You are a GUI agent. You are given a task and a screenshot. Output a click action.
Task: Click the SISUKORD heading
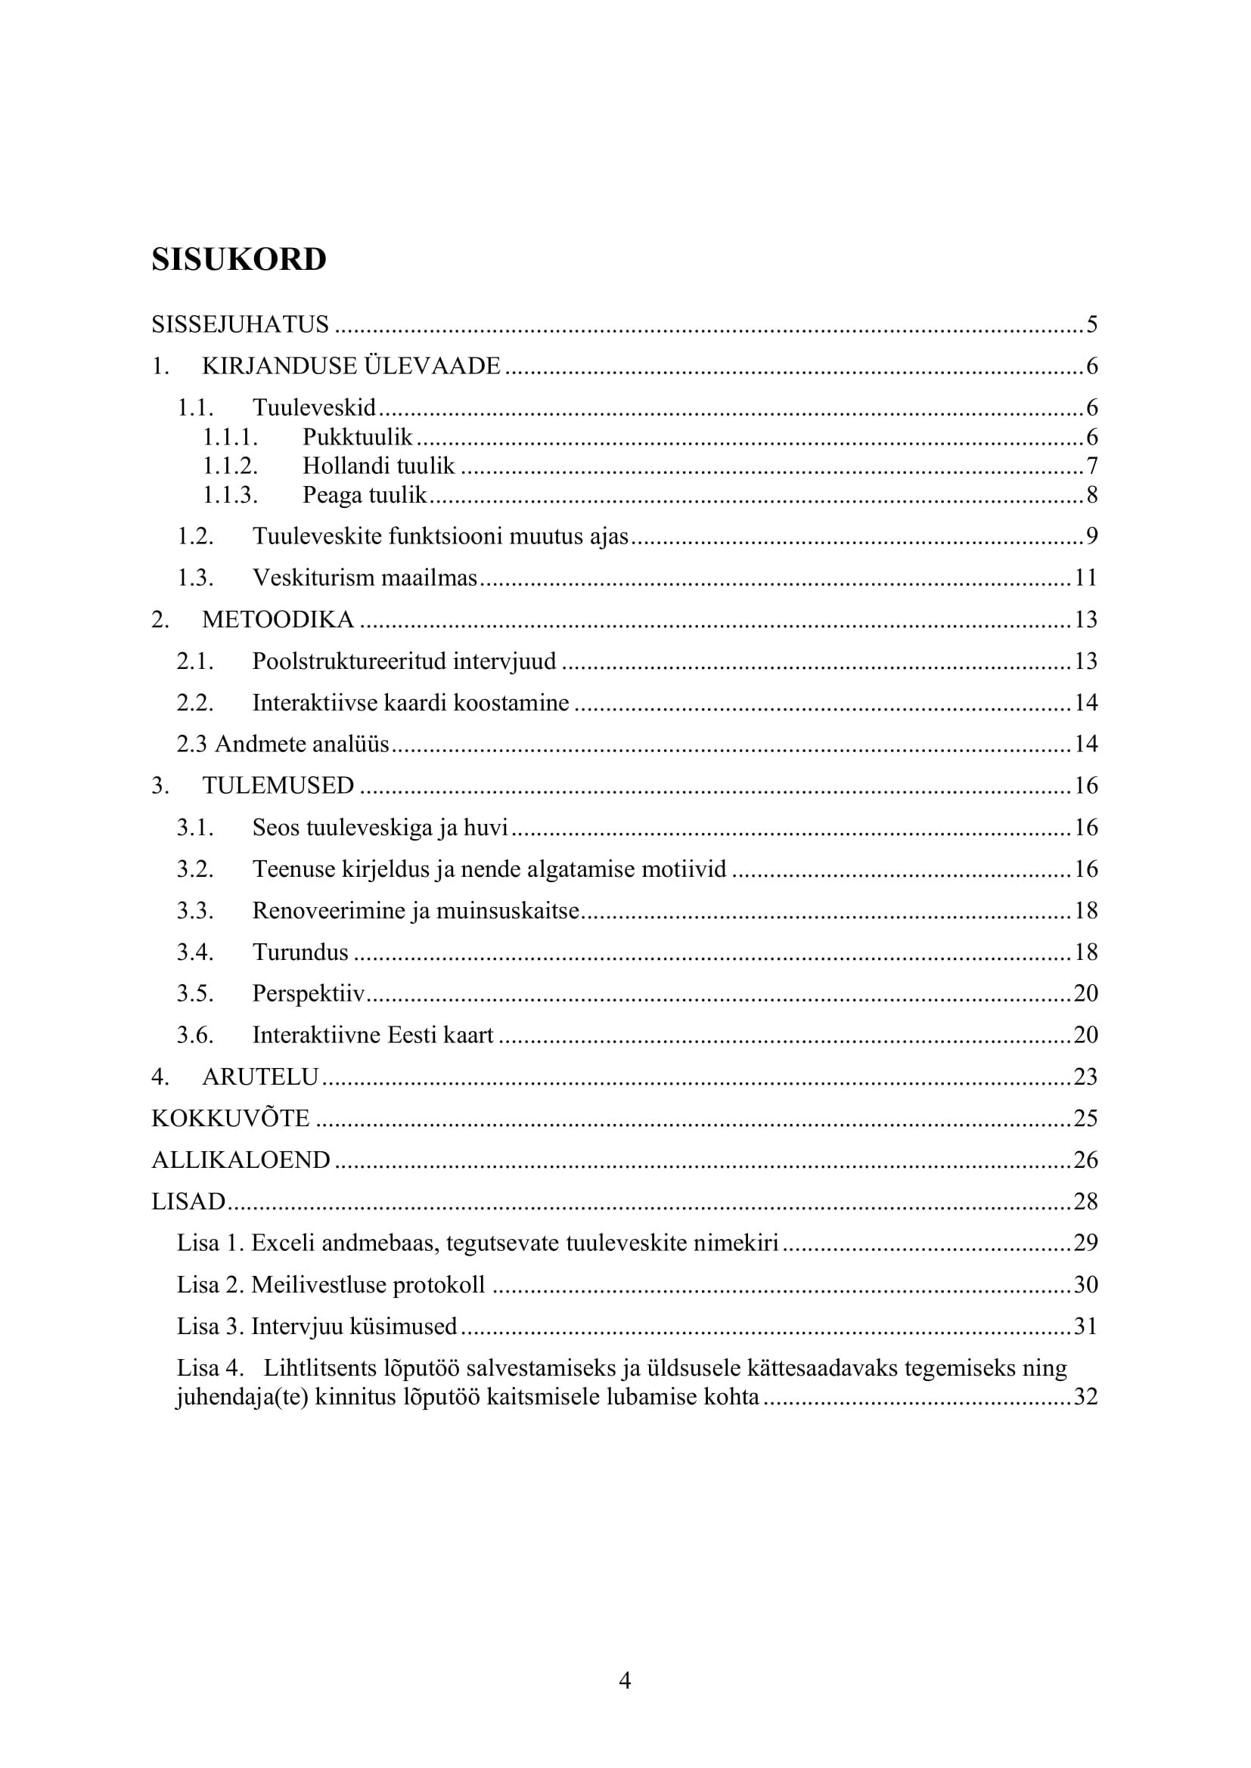pos(239,259)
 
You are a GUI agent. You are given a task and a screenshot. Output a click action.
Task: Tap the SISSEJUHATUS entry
pos(240,325)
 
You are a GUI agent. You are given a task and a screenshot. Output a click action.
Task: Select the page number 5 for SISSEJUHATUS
pos(1091,325)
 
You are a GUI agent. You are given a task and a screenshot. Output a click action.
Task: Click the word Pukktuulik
pos(358,438)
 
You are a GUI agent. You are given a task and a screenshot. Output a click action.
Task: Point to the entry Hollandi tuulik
pos(378,466)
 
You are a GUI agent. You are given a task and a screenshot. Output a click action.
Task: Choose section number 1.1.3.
pos(230,494)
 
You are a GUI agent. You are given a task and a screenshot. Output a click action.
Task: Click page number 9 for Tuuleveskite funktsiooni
pos(1091,536)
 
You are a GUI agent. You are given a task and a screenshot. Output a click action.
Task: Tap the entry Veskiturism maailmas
pos(365,577)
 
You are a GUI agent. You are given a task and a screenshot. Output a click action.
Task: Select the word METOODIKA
pos(278,619)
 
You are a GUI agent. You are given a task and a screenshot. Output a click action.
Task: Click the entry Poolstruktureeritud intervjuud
pos(404,661)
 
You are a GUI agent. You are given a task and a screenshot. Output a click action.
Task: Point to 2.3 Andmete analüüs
pos(283,744)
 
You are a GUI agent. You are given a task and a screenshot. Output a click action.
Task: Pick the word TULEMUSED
pos(278,785)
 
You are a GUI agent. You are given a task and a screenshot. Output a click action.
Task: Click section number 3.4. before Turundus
pos(195,952)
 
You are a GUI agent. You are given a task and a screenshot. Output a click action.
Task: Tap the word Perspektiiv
pos(308,993)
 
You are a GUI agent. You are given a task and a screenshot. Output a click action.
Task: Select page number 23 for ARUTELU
pos(1085,1076)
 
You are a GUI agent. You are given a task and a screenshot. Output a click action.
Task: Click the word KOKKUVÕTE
pos(231,1118)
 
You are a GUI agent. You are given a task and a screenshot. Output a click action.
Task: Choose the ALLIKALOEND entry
pos(241,1160)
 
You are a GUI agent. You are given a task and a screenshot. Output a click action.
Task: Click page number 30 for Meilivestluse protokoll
pos(1085,1284)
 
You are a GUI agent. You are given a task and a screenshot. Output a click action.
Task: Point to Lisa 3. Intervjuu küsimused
pos(317,1326)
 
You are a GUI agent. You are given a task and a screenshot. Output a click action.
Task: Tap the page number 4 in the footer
pos(625,1680)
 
